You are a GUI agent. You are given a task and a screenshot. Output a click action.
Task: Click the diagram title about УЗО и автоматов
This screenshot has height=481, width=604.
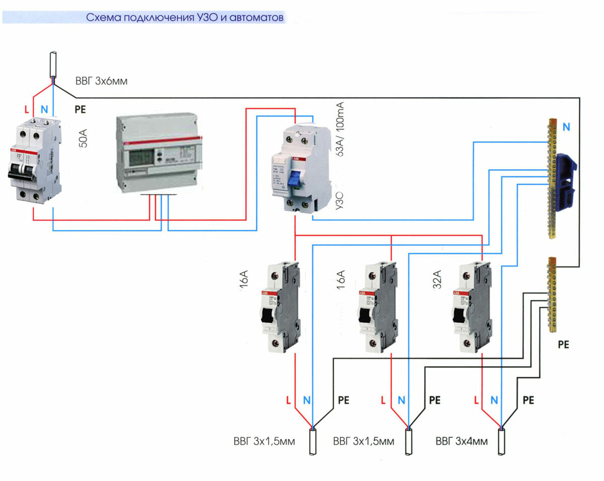pyautogui.click(x=185, y=18)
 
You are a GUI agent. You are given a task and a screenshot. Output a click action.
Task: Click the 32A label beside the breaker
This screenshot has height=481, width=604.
pyautogui.click(x=437, y=280)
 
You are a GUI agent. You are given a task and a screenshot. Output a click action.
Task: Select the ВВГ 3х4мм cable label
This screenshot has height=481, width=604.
pyautogui.click(x=462, y=442)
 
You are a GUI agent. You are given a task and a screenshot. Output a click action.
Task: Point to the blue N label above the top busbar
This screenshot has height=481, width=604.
pyautogui.click(x=567, y=127)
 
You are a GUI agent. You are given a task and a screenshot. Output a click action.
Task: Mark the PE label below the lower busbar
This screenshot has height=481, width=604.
pyautogui.click(x=563, y=345)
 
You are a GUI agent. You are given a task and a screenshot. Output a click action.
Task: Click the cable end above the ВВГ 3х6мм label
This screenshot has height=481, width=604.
pyautogui.click(x=52, y=65)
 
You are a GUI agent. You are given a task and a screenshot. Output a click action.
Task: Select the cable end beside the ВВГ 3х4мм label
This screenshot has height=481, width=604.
pyautogui.click(x=501, y=442)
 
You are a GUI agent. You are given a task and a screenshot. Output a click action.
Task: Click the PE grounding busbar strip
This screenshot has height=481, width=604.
pyautogui.click(x=552, y=295)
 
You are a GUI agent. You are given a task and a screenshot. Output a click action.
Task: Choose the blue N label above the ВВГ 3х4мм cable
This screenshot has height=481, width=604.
pyautogui.click(x=494, y=401)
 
